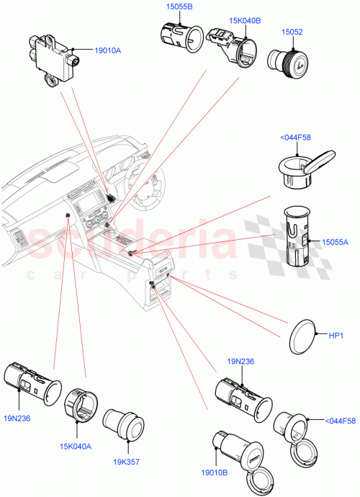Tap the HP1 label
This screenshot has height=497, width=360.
tap(336, 336)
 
